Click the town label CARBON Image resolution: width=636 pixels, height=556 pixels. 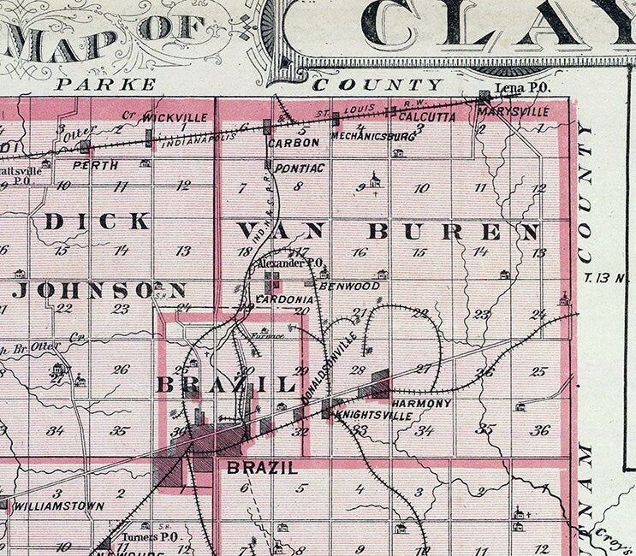pos(294,143)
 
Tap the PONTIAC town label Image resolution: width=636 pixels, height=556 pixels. pos(299,169)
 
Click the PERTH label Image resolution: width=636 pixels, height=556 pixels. pos(95,165)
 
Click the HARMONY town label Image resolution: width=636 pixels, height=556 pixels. pos(421,403)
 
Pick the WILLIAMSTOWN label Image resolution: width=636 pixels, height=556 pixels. pos(60,506)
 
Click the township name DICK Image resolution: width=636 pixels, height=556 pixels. pos(97,222)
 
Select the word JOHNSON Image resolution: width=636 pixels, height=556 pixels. pos(99,290)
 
